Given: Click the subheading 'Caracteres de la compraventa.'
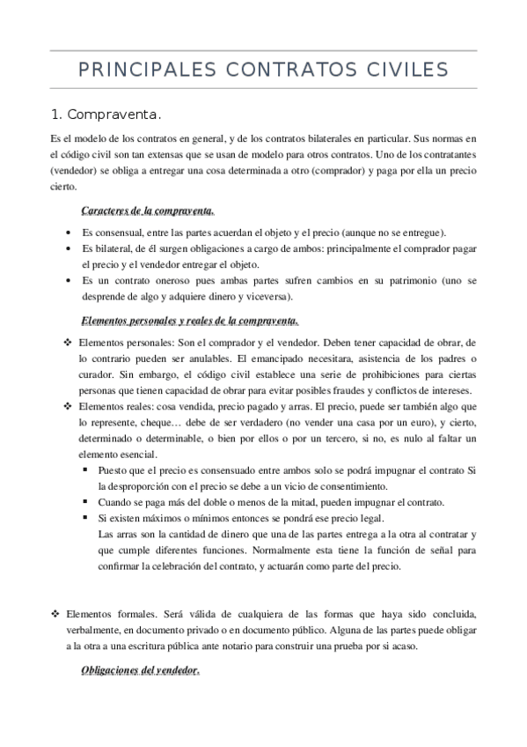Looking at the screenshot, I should click(146, 211).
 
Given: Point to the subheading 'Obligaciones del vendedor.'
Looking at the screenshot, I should click(140, 671).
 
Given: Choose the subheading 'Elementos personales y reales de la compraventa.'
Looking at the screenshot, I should click(189, 320).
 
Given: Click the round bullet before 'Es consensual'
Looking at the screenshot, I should click(70, 233).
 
